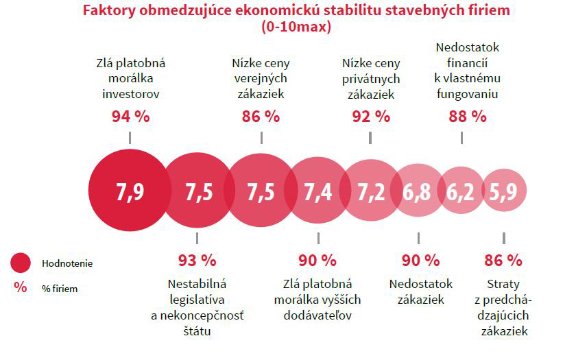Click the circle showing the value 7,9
(x=129, y=192)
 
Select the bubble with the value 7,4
(x=317, y=192)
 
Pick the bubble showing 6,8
(x=416, y=192)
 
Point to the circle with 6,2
(x=461, y=192)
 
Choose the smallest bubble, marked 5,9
(x=504, y=192)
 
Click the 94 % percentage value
(x=130, y=116)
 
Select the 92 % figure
(x=370, y=116)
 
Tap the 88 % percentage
(x=467, y=116)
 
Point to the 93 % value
(x=197, y=261)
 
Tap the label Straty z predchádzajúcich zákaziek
(x=503, y=307)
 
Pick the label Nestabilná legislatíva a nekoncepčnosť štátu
(x=197, y=307)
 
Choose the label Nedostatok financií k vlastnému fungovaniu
(x=467, y=71)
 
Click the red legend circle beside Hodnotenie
(x=21, y=263)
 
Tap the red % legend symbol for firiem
(x=21, y=288)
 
